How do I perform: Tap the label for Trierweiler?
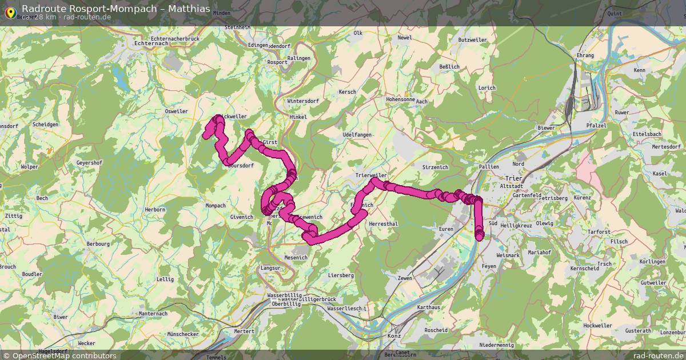click(x=371, y=175)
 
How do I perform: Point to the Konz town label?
click(x=395, y=336)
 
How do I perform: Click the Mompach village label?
click(x=216, y=206)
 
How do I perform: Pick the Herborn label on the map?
click(x=155, y=210)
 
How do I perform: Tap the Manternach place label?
click(x=153, y=314)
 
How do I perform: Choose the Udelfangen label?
click(x=357, y=134)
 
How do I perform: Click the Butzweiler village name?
click(x=472, y=41)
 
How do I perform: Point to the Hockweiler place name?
click(x=598, y=325)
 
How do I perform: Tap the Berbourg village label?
click(x=98, y=243)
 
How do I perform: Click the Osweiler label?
click(x=176, y=111)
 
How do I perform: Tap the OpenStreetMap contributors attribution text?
click(x=59, y=355)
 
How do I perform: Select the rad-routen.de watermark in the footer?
click(x=659, y=355)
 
